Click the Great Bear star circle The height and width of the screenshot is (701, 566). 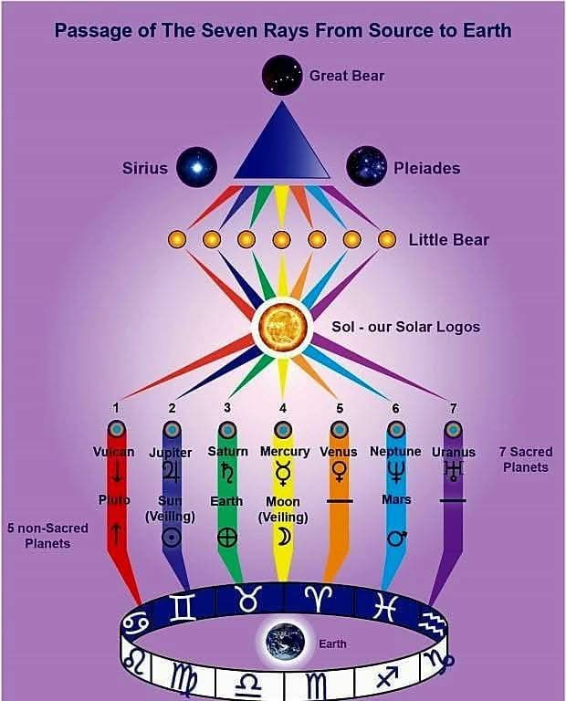click(x=283, y=76)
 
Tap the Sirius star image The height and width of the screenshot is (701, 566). click(x=196, y=167)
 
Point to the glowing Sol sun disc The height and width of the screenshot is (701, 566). click(x=282, y=326)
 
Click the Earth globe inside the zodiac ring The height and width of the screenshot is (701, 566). click(x=285, y=642)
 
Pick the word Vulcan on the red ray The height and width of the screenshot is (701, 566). click(x=114, y=452)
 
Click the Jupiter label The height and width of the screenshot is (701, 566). click(x=170, y=453)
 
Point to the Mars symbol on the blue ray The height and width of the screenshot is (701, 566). click(x=396, y=539)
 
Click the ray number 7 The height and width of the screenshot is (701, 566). click(x=452, y=408)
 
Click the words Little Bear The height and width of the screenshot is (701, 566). click(x=448, y=240)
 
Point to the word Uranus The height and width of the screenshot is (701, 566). click(x=454, y=452)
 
